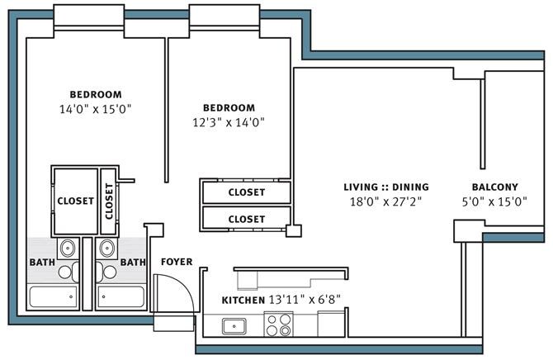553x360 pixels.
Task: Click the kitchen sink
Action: [234, 326]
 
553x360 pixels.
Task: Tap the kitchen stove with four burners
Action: [279, 324]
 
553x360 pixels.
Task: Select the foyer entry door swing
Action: [174, 293]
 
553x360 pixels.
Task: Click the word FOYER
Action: [177, 262]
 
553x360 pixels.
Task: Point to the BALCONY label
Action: [494, 187]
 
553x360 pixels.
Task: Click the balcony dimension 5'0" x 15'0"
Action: [494, 202]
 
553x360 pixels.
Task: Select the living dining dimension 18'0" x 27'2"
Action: [385, 202]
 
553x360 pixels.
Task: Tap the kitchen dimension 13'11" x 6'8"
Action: [305, 300]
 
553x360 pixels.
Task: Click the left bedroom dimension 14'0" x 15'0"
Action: [95, 109]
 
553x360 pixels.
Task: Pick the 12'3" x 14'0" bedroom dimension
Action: [229, 122]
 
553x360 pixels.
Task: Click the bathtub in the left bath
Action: [54, 296]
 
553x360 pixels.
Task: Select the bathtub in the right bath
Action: [121, 296]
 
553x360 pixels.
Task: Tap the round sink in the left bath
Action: [68, 248]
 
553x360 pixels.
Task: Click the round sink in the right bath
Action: [106, 248]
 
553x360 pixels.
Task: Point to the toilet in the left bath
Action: [69, 272]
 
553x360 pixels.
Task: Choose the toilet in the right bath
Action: [106, 272]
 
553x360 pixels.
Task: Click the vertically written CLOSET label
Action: [109, 201]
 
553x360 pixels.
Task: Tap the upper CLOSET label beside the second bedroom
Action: [247, 192]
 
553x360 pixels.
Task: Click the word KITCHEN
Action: [243, 301]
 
